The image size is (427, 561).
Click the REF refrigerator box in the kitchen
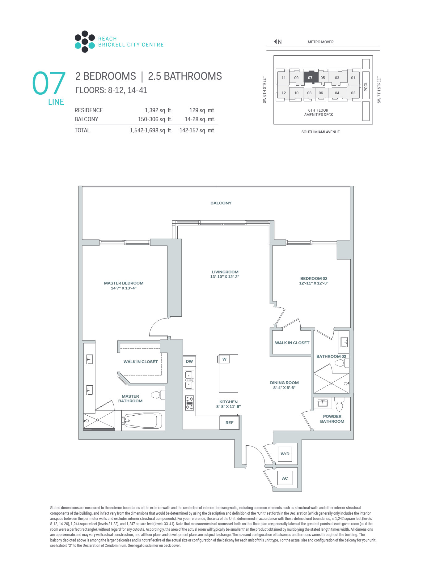pyautogui.click(x=229, y=422)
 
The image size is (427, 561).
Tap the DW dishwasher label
pyautogui.click(x=189, y=361)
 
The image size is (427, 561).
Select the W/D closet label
pyautogui.click(x=285, y=454)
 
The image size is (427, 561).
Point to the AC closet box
pyautogui.click(x=285, y=478)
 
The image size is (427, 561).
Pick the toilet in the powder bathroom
pyautogui.click(x=339, y=405)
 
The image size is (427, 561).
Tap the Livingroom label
pyautogui.click(x=225, y=272)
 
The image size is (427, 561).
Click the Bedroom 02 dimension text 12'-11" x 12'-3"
pyautogui.click(x=314, y=283)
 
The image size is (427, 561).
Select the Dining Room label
pyautogui.click(x=284, y=383)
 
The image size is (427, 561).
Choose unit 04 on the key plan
pyautogui.click(x=337, y=93)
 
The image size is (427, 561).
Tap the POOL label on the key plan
pyautogui.click(x=366, y=87)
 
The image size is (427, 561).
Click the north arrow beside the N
pyautogui.click(x=275, y=41)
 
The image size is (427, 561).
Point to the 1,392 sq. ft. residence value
pyautogui.click(x=159, y=110)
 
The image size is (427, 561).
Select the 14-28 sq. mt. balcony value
pyautogui.click(x=200, y=119)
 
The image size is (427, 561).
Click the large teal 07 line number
pyautogui.click(x=49, y=83)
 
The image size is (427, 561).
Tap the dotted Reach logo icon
pyautogui.click(x=85, y=41)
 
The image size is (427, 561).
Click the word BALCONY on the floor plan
pyautogui.click(x=221, y=203)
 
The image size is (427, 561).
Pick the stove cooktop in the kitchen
pyautogui.click(x=189, y=403)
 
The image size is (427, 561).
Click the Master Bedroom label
pyautogui.click(x=124, y=283)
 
